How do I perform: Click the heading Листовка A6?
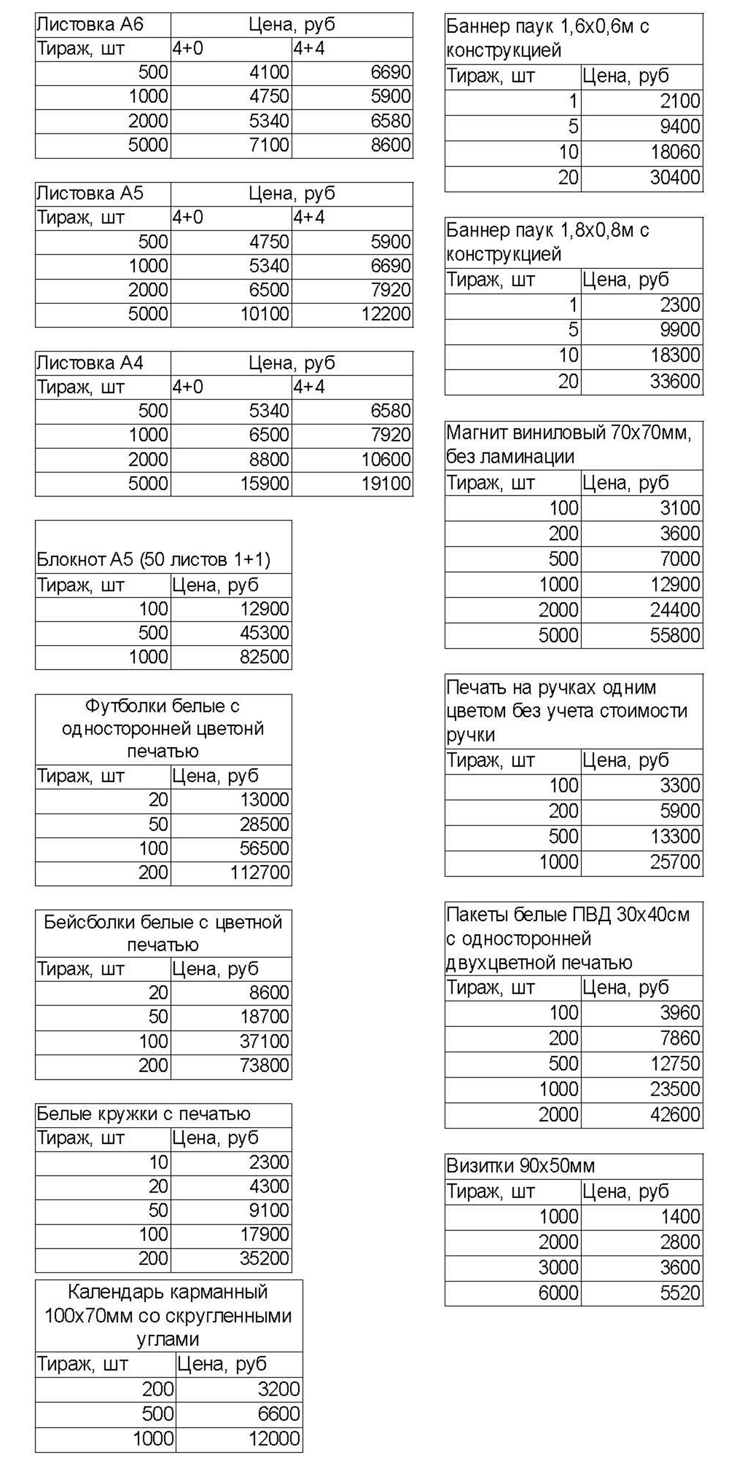pyautogui.click(x=90, y=25)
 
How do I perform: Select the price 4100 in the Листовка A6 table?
pyautogui.click(x=269, y=72)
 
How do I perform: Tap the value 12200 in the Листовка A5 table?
pyautogui.click(x=386, y=314)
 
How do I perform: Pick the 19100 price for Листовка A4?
pyautogui.click(x=386, y=484)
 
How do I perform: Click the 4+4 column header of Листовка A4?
pyautogui.click(x=309, y=387)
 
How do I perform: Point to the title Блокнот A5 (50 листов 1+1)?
pyautogui.click(x=153, y=560)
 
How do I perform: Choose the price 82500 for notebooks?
pyautogui.click(x=264, y=657)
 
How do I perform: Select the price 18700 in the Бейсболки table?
pyautogui.click(x=264, y=1017)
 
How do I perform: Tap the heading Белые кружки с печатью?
pyautogui.click(x=143, y=1114)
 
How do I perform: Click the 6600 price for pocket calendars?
pyautogui.click(x=278, y=1414)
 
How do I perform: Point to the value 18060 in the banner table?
pyautogui.click(x=675, y=153)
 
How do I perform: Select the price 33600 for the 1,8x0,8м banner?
pyautogui.click(x=675, y=382)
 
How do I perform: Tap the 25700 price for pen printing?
pyautogui.click(x=675, y=862)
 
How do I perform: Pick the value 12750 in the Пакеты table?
pyautogui.click(x=675, y=1064)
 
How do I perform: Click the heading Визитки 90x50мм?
pyautogui.click(x=520, y=1166)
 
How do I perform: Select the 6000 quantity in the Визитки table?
pyautogui.click(x=558, y=1293)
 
